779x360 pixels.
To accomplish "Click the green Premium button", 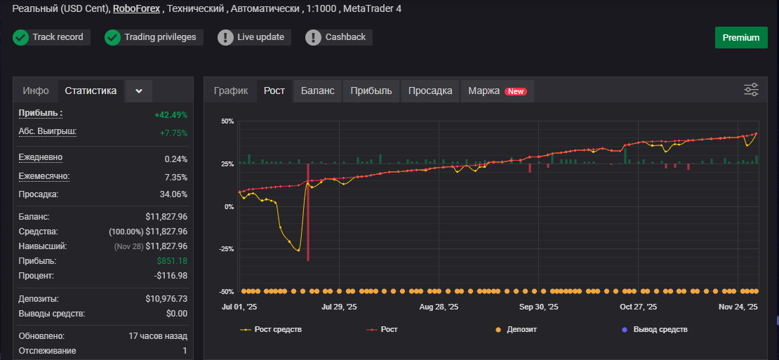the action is pos(741,38).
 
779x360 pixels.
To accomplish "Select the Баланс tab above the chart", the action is pos(317,91).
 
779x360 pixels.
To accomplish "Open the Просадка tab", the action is pos(430,91).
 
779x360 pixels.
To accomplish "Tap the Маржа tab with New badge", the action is pos(498,91).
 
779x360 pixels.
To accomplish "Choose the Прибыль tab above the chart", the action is pos(371,91).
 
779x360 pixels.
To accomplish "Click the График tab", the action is pos(231,91).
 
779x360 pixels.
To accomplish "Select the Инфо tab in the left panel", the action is pos(36,91).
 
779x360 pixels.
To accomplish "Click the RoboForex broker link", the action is pos(137,9).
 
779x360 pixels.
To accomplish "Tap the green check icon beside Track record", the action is pos(20,37).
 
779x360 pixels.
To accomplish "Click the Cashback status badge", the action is pos(339,37).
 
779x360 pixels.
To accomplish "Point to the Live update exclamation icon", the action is pos(225,37).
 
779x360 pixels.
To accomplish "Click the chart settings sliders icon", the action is pos(751,90).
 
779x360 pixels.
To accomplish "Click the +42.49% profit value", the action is pos(171,114).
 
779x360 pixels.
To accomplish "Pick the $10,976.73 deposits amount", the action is pos(166,299).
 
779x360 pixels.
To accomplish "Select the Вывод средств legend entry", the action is pos(655,329).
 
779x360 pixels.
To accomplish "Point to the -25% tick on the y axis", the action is pos(227,249).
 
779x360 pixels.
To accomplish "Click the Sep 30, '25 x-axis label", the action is pos(538,307).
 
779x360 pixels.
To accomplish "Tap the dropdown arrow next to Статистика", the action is pos(139,91).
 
